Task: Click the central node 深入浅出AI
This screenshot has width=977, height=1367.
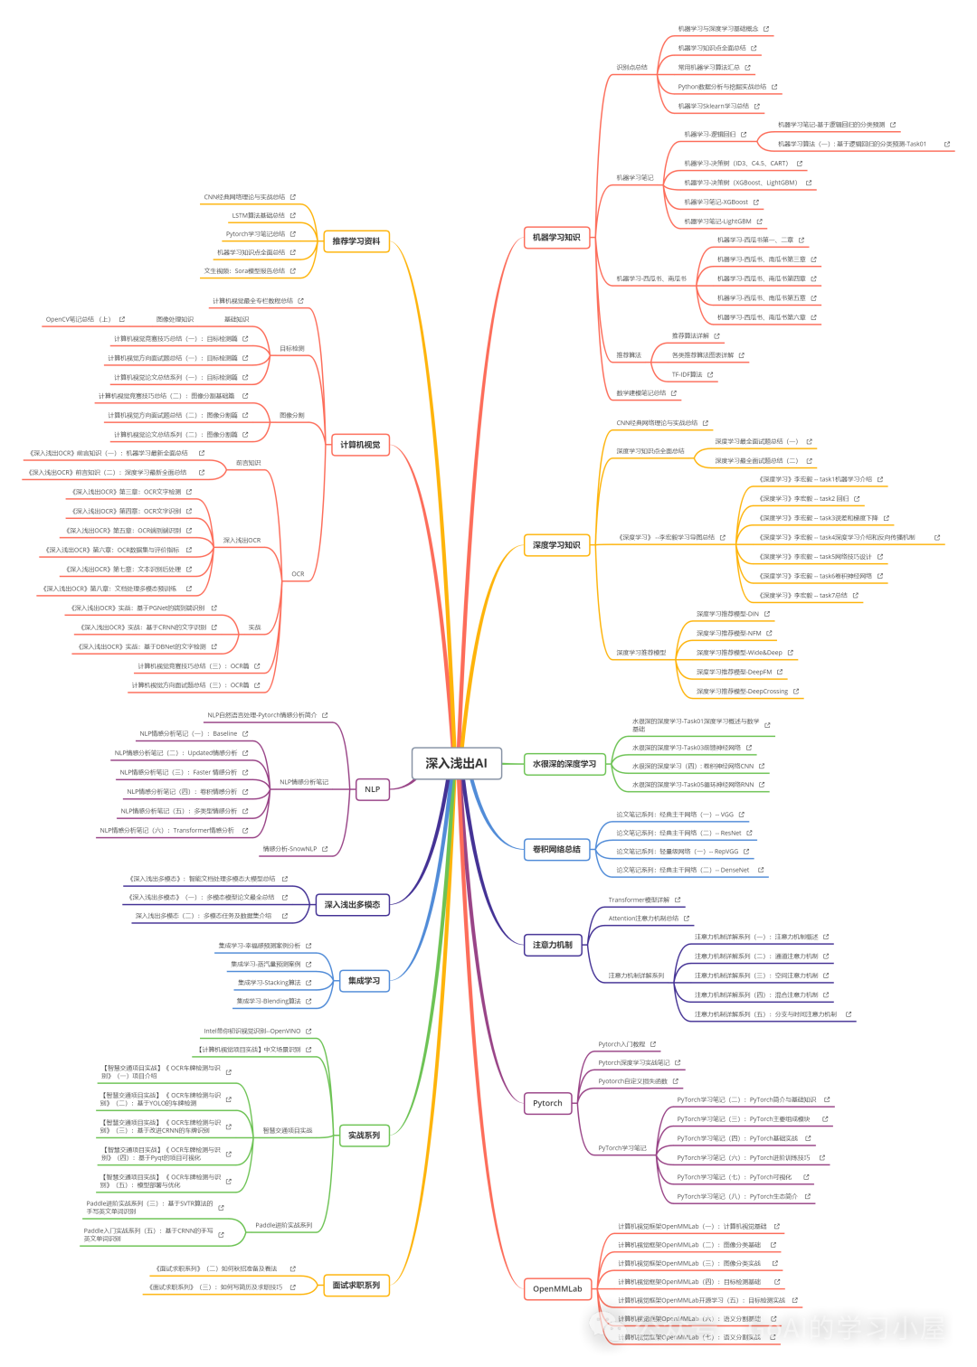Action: [456, 763]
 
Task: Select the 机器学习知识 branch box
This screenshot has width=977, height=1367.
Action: [556, 238]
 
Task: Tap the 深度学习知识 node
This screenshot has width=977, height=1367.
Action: [556, 545]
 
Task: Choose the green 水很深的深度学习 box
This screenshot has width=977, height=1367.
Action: [564, 764]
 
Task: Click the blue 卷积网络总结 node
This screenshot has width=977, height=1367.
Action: [556, 849]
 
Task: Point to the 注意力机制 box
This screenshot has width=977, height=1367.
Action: [552, 945]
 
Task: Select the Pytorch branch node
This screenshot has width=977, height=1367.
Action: [547, 1103]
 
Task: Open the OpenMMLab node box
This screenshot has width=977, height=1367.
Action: [557, 1288]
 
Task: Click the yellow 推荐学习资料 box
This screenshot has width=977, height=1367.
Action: [356, 241]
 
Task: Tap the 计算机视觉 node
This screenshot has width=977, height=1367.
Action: [360, 445]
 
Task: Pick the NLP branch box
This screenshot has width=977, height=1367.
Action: [372, 789]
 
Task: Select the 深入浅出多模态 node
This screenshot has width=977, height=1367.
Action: [352, 904]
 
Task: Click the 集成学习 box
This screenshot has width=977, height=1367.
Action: [364, 980]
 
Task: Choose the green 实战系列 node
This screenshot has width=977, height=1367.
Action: [364, 1136]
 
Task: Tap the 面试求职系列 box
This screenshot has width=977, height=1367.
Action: [356, 1285]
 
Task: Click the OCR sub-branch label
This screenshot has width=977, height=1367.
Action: [298, 574]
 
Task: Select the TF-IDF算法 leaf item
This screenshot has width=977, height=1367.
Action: [686, 374]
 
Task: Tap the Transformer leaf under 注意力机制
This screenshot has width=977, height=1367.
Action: [639, 900]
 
